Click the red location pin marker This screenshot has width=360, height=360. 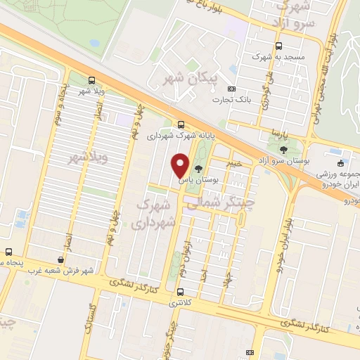tap(181, 165)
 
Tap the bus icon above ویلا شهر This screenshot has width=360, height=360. tap(91, 79)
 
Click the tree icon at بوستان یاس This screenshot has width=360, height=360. tap(198, 168)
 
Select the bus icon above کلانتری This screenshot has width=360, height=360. tap(181, 292)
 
